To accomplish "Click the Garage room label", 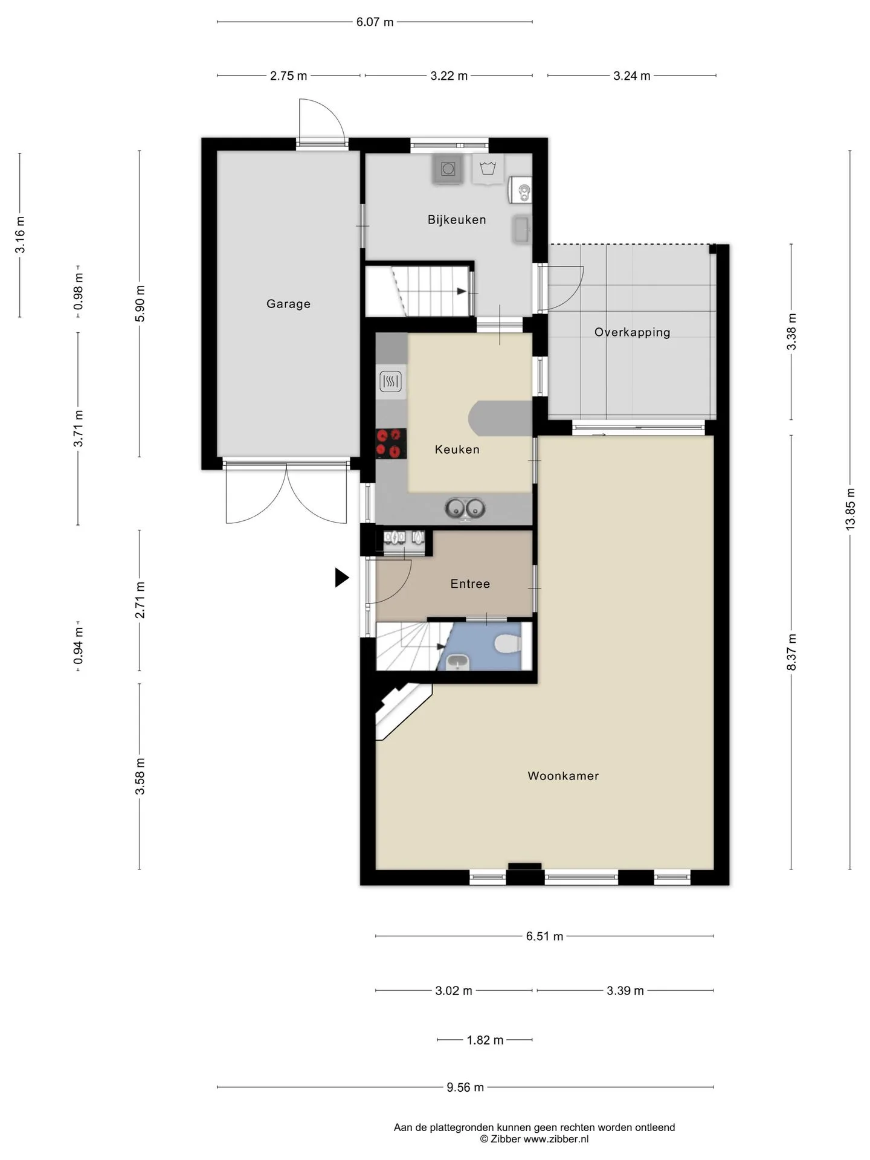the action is click(288, 304).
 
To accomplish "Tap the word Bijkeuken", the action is click(457, 220).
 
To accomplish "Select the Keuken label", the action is click(457, 449).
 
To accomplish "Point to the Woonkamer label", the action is click(563, 776).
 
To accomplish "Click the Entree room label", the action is click(470, 584).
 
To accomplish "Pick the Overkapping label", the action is click(633, 333).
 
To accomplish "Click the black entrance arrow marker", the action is click(342, 578).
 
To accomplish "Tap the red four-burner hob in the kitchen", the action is click(391, 443).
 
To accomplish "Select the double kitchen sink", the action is click(465, 509).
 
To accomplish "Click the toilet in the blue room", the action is click(508, 643).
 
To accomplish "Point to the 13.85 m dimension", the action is click(851, 509).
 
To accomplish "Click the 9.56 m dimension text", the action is click(465, 1087).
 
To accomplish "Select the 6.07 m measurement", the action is click(375, 22).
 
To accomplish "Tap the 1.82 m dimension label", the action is click(485, 1040).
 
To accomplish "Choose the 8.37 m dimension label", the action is click(791, 652).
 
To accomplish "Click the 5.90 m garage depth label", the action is click(140, 303).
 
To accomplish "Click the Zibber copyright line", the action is click(534, 1139).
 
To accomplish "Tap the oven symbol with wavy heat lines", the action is click(390, 382).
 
